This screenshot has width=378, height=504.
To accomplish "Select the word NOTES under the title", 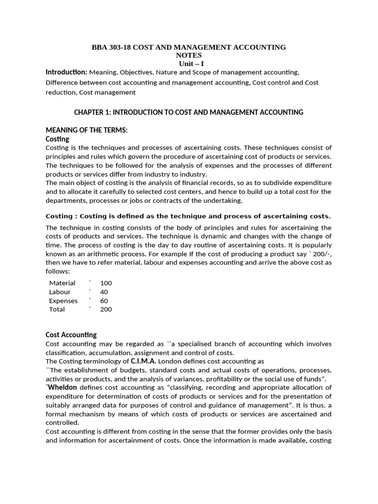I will [x=189, y=56].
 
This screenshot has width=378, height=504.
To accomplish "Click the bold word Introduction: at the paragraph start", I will [x=66, y=72].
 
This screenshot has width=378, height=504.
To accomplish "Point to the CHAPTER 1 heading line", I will [x=189, y=112].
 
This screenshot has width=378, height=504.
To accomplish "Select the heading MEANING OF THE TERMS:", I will [x=86, y=130].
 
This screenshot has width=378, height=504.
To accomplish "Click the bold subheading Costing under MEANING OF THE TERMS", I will [x=57, y=139].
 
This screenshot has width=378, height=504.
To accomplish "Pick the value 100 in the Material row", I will [x=106, y=283].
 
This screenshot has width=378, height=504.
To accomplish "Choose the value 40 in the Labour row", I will [x=104, y=292].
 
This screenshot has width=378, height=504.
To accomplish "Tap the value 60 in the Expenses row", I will [x=104, y=301].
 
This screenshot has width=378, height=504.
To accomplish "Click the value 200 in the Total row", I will [x=106, y=310].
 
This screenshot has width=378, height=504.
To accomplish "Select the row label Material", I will [x=62, y=283].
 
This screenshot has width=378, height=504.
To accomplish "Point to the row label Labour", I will [x=60, y=292].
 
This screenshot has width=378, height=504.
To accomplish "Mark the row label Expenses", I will [x=63, y=301].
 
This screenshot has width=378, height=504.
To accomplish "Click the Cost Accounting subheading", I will [x=71, y=335].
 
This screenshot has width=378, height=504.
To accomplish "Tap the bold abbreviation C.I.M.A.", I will [x=144, y=361].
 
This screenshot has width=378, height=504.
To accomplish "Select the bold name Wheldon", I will [x=62, y=387].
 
